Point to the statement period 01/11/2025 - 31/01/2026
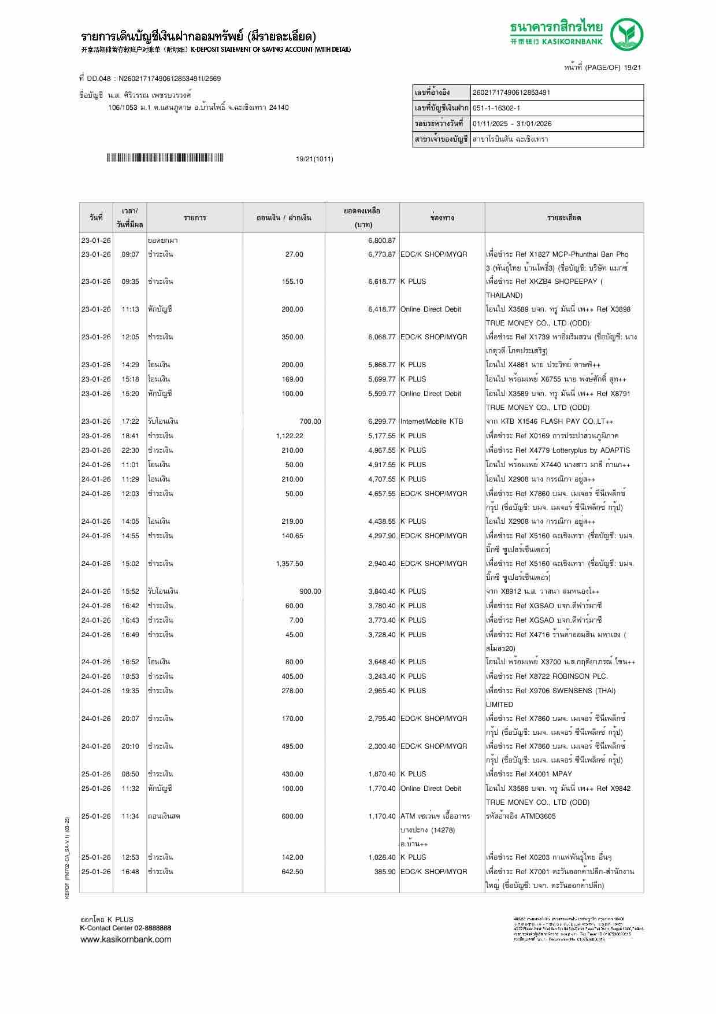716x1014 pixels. coord(511,124)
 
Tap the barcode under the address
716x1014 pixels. coord(165,158)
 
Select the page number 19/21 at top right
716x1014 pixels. coord(632,68)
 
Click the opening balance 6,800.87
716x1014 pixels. coord(381,240)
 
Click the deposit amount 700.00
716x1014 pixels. coord(310,421)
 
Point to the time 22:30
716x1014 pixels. coord(130,450)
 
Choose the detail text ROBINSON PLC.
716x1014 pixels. coord(577,676)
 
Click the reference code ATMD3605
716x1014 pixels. coord(538,816)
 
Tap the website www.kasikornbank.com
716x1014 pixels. coord(125,939)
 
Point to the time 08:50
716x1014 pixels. coord(130,774)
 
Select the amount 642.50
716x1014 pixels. coord(292,872)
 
